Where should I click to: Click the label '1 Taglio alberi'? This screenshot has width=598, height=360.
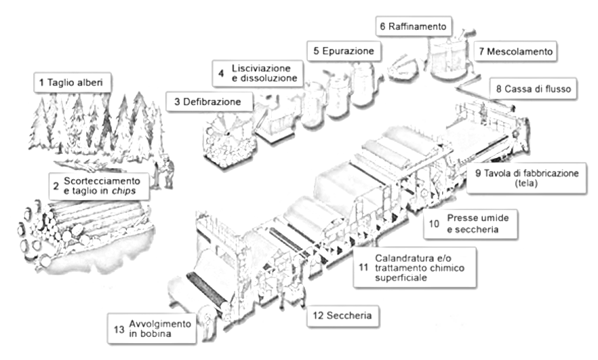73,83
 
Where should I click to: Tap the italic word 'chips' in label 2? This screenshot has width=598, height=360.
123,191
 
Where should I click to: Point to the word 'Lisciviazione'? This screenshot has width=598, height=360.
261,68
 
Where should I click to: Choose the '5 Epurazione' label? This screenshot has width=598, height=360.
344,51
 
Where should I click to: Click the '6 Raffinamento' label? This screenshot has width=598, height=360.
414,26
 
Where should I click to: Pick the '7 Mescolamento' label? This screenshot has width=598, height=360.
515,52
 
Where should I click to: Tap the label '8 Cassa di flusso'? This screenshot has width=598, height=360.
533,89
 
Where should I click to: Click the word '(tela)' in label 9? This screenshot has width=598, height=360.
526,184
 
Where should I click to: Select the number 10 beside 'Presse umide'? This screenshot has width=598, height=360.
434,224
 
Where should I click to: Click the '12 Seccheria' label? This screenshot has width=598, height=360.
343,316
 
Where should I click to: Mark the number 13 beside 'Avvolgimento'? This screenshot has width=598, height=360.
119,329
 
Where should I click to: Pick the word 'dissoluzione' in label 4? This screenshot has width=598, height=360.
264,78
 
